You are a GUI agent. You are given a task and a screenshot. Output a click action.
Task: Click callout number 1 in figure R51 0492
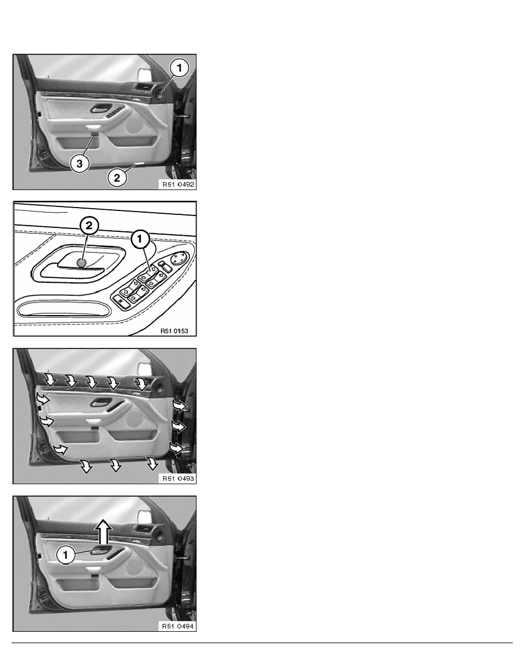(180, 68)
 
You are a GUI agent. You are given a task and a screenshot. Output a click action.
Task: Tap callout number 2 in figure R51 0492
(117, 178)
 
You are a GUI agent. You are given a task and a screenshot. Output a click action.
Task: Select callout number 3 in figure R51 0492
(79, 163)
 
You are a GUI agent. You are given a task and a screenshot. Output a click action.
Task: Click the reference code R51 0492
(178, 185)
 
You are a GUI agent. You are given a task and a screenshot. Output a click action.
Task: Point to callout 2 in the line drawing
(89, 226)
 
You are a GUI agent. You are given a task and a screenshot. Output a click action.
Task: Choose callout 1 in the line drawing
(140, 239)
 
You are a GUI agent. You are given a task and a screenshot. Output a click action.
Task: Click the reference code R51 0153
(174, 331)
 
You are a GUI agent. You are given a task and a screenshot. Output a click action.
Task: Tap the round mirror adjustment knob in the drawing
(179, 259)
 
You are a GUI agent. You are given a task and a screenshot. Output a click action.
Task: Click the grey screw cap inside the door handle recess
(82, 262)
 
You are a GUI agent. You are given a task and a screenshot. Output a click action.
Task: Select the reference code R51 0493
(178, 479)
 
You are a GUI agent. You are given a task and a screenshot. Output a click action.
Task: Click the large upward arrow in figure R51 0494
(103, 532)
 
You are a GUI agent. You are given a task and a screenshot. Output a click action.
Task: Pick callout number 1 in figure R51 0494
(66, 555)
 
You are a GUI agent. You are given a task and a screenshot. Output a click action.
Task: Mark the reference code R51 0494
(178, 626)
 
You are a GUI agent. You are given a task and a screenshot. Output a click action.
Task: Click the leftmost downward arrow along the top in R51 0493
(50, 380)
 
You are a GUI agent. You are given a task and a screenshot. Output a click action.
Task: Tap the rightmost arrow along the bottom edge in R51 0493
(152, 463)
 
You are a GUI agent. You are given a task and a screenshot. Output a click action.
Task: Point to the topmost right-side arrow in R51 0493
(180, 406)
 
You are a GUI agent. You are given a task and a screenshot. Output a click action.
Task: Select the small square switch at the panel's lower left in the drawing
(123, 301)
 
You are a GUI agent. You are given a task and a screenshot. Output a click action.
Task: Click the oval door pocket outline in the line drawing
(63, 308)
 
